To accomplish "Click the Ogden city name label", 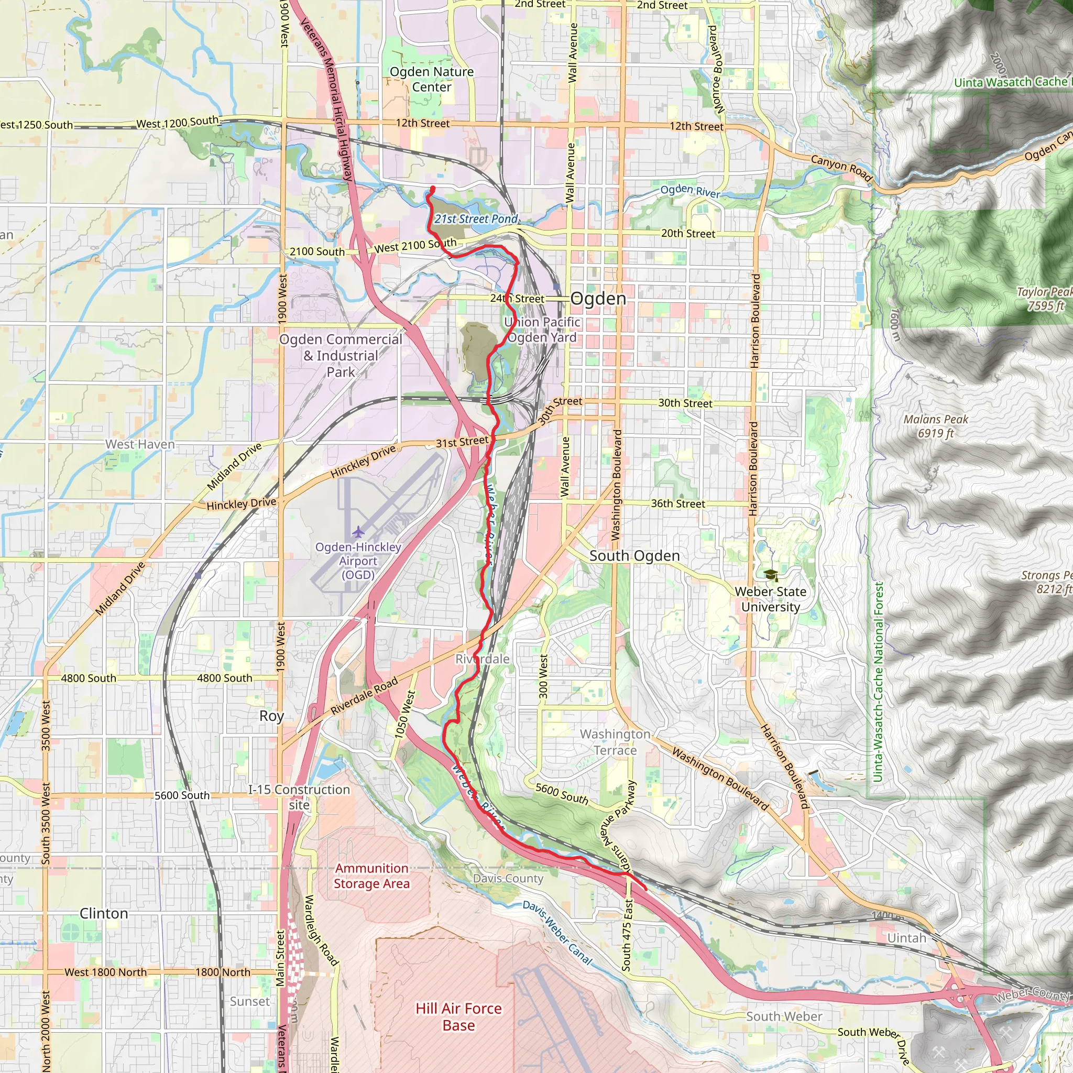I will point(598,299).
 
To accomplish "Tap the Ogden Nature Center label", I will point(432,80).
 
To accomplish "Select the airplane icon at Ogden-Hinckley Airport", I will point(358,532).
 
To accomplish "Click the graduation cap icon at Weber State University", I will point(770,575).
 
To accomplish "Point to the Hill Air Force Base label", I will point(459,1016).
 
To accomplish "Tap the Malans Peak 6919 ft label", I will point(936,426).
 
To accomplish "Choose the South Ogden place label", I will point(634,556).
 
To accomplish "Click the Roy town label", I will point(271,716).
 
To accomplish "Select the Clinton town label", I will point(104,914).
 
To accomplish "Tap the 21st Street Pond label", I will point(476,219).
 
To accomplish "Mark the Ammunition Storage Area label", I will point(371,876).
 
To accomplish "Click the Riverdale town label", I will point(482,659).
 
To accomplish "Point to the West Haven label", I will point(140,444).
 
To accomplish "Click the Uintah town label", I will point(907,938).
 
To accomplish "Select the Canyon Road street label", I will point(841,168).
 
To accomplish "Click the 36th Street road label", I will point(677,503).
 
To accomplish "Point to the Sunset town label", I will point(250,1001).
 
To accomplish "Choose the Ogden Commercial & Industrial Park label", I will point(341,355).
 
